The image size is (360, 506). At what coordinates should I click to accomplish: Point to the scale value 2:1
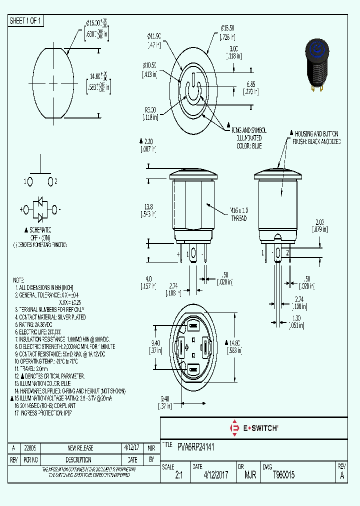pos(178,475)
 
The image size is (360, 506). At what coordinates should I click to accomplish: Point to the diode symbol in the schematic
pos(40,209)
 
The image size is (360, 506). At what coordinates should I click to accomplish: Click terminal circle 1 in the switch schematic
pos(30,181)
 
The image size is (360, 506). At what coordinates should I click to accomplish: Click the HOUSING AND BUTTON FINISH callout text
pos(317,137)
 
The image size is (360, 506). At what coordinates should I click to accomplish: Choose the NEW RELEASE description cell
pos(80,447)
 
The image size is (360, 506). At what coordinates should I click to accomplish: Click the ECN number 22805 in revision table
pos(30,447)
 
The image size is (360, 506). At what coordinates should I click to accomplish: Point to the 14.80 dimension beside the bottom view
pos(235,346)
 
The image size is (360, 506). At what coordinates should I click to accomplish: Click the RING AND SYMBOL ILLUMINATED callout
pos(248,137)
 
